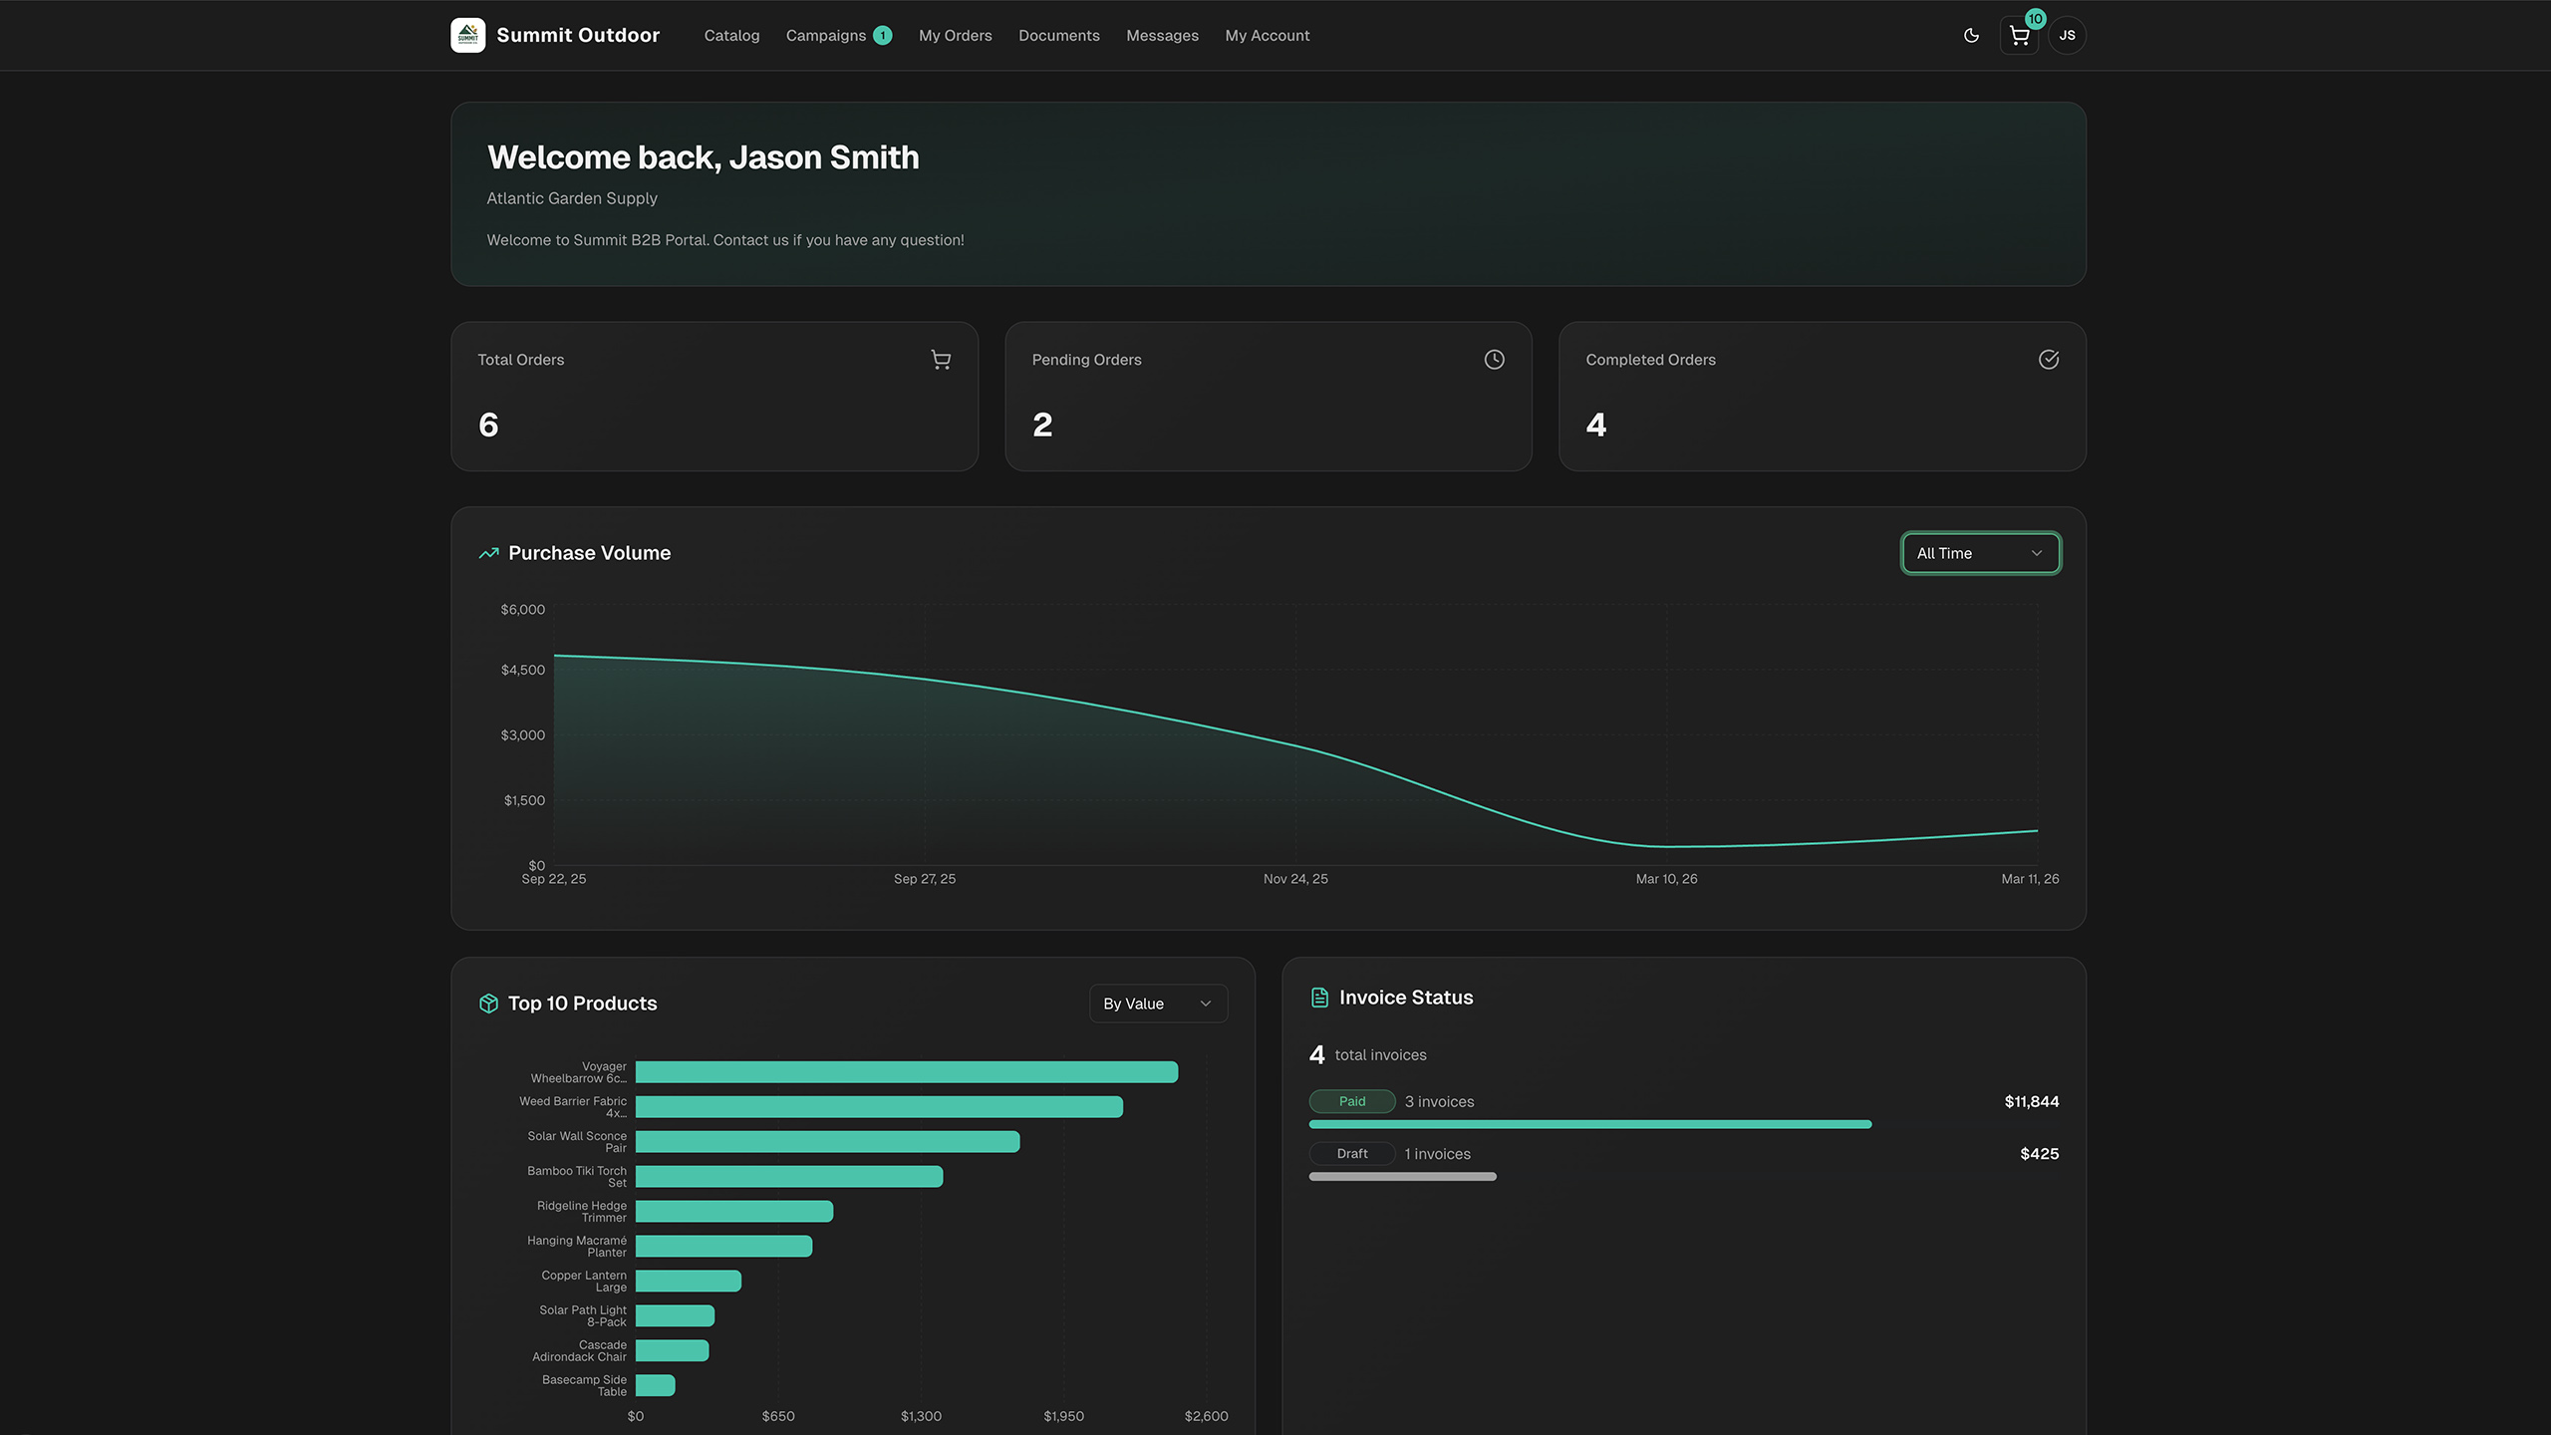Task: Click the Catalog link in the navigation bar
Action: click(731, 36)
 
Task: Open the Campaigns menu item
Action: click(826, 36)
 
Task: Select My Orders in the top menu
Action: click(955, 36)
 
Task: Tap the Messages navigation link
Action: click(1162, 36)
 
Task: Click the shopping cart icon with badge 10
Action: click(2019, 37)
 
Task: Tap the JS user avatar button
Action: click(2068, 36)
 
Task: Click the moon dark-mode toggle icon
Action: click(1971, 36)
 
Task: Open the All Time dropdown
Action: click(1980, 553)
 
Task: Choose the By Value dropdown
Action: click(1157, 1004)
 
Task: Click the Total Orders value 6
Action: click(488, 426)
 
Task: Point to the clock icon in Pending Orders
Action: click(1494, 360)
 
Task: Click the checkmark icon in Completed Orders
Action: click(2048, 360)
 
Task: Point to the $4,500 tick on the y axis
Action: click(523, 670)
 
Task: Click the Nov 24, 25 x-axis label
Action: click(1295, 879)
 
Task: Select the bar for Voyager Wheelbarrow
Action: click(906, 1072)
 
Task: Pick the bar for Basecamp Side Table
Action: click(655, 1385)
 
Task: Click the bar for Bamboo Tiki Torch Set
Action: click(788, 1177)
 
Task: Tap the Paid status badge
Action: click(1351, 1101)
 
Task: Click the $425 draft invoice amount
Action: click(2039, 1154)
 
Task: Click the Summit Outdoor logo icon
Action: click(468, 36)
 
